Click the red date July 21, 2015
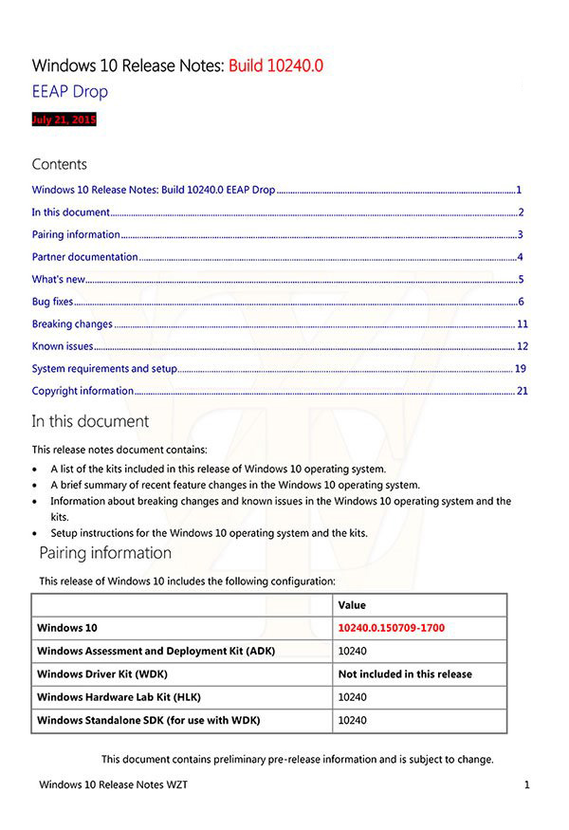coord(64,120)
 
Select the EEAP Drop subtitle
coord(70,91)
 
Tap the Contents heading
coord(59,164)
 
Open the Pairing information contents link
coord(76,234)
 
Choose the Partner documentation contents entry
coord(84,257)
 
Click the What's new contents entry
coord(59,279)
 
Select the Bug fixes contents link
coord(52,302)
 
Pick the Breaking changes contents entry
coord(72,323)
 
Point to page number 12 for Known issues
coord(522,346)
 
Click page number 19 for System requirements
coord(521,368)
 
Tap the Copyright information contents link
coord(83,391)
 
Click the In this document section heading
coord(90,421)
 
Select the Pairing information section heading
coord(105,553)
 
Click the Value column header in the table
coord(352,605)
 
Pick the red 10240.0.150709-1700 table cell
coord(391,628)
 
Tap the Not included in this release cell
coord(405,674)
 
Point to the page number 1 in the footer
coord(525,785)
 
